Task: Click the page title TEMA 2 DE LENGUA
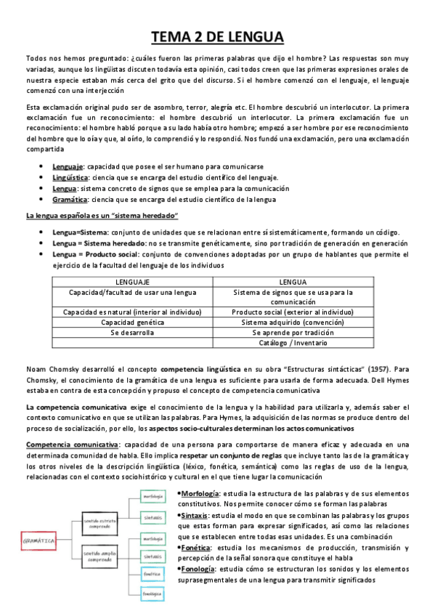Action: [217, 37]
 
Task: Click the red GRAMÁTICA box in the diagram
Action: [41, 542]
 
